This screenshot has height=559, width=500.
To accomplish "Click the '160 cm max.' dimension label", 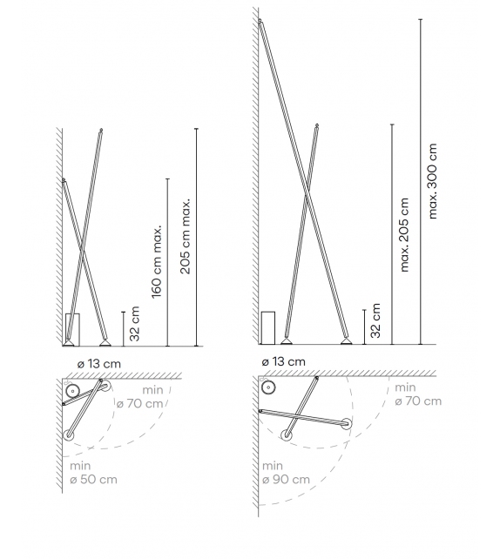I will (x=158, y=261).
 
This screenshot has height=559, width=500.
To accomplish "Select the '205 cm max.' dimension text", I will (x=186, y=236).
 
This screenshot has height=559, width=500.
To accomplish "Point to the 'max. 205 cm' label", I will (x=403, y=234).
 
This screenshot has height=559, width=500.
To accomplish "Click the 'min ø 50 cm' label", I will (x=92, y=473).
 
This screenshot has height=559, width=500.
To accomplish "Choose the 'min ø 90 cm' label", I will (x=286, y=473).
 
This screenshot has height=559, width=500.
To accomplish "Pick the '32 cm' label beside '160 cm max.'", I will (x=134, y=322).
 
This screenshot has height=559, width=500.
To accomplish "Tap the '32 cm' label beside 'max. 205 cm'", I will (x=375, y=320).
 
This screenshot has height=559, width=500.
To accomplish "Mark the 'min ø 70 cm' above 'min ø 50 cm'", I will (x=140, y=396).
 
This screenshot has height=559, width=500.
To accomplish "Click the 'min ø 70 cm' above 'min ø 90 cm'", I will (x=418, y=394).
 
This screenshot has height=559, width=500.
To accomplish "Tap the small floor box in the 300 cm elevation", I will (x=268, y=327).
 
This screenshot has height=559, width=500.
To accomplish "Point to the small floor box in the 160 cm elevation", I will (x=73, y=328).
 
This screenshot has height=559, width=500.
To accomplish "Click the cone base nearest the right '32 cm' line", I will (x=347, y=340).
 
